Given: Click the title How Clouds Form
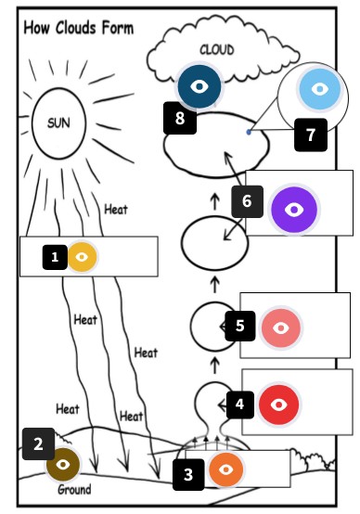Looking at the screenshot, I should click(79, 28).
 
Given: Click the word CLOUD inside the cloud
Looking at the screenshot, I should click(216, 49).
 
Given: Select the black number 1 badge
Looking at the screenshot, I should click(55, 257).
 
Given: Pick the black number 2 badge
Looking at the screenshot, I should click(38, 443).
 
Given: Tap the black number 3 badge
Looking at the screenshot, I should click(187, 476).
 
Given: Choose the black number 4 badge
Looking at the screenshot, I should click(239, 405).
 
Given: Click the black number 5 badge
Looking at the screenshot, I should click(239, 326).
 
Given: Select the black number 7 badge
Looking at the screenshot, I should click(311, 135).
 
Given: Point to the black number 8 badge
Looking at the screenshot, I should click(179, 117).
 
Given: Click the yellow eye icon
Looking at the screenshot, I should click(82, 257).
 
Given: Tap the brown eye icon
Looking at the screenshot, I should click(63, 462).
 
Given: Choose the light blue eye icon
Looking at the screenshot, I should click(319, 90).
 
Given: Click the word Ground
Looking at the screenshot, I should click(74, 489).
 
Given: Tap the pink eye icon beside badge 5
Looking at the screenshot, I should click(281, 328).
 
